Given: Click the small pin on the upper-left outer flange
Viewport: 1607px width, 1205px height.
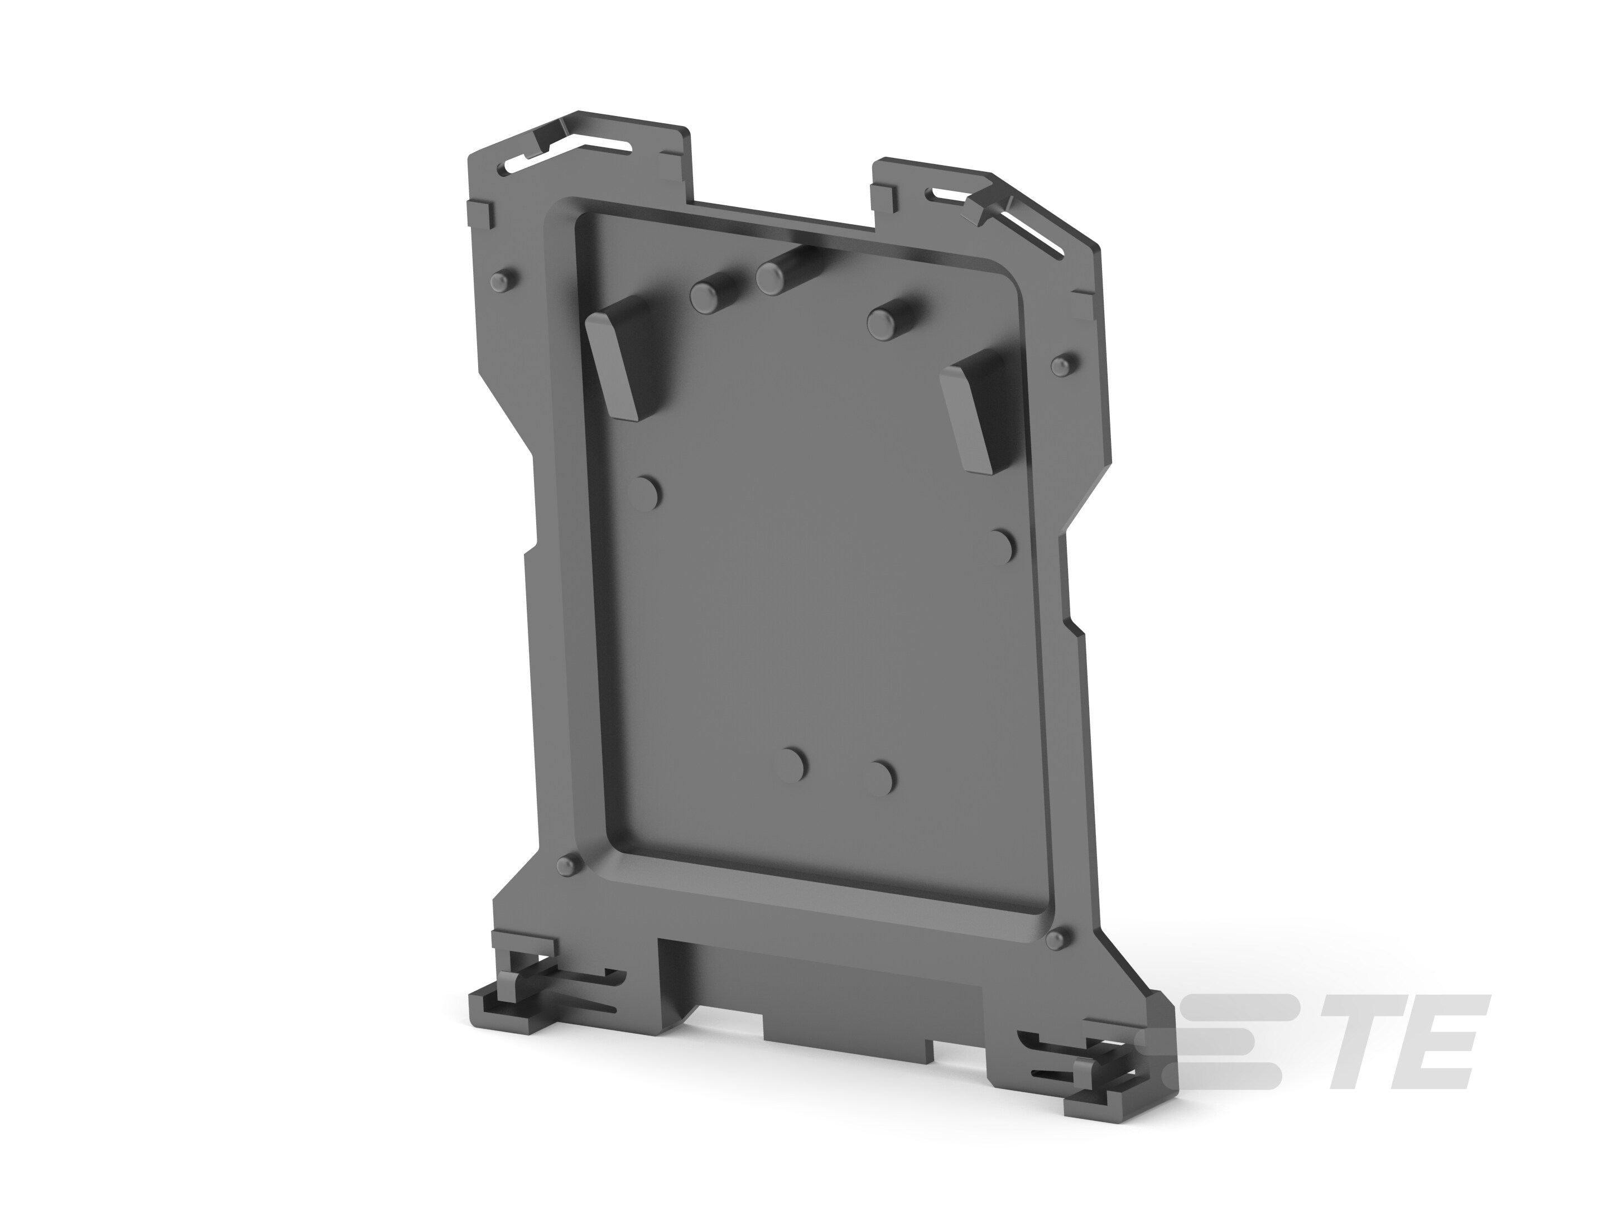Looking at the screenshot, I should click(x=501, y=281).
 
